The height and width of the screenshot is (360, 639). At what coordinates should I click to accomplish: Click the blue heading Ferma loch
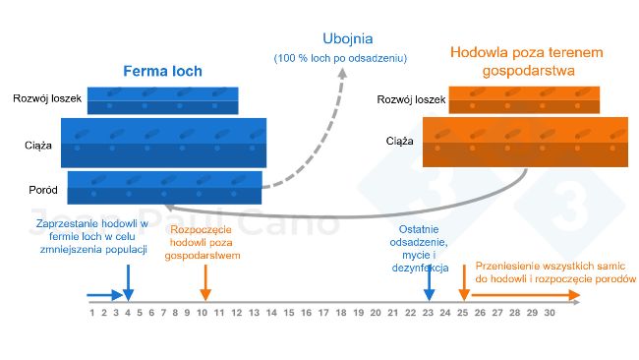click(x=163, y=72)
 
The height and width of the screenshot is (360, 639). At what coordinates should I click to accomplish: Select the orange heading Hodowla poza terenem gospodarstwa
click(x=526, y=61)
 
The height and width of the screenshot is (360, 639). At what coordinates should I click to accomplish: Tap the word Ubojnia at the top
click(x=340, y=38)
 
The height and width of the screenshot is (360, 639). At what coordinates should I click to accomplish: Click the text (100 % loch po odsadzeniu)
click(x=340, y=59)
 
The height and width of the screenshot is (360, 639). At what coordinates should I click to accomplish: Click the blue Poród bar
click(x=163, y=186)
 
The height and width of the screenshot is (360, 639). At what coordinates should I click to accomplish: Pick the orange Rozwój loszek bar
click(x=527, y=99)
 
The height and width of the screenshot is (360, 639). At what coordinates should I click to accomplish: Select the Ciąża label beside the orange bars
click(x=399, y=141)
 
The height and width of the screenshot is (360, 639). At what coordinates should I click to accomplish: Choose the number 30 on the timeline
click(x=550, y=313)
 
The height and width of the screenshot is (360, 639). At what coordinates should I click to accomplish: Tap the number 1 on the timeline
click(x=91, y=313)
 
